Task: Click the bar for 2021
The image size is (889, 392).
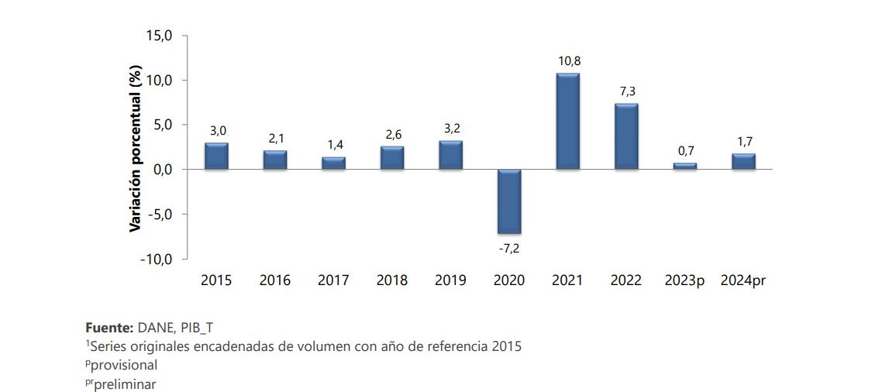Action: coord(567,122)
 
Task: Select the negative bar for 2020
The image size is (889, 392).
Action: coord(508,201)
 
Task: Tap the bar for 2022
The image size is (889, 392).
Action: coord(626,136)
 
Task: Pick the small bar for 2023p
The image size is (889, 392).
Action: coord(685,166)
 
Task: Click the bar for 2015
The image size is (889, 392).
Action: coord(216,156)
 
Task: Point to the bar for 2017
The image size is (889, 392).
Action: coord(333,163)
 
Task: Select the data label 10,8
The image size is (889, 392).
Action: coord(568,61)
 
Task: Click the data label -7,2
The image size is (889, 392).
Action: coord(509,248)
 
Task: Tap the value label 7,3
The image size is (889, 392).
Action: coord(627,91)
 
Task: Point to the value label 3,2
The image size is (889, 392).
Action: coord(452,128)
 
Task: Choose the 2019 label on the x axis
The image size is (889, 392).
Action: coord(450,280)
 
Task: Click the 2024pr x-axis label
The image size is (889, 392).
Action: coord(743,280)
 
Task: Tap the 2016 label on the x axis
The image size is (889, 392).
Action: coord(275,280)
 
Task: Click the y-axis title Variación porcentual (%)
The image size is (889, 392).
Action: coord(136,148)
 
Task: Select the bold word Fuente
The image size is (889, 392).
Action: coord(109,328)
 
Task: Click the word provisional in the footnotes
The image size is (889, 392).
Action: coord(124,365)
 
